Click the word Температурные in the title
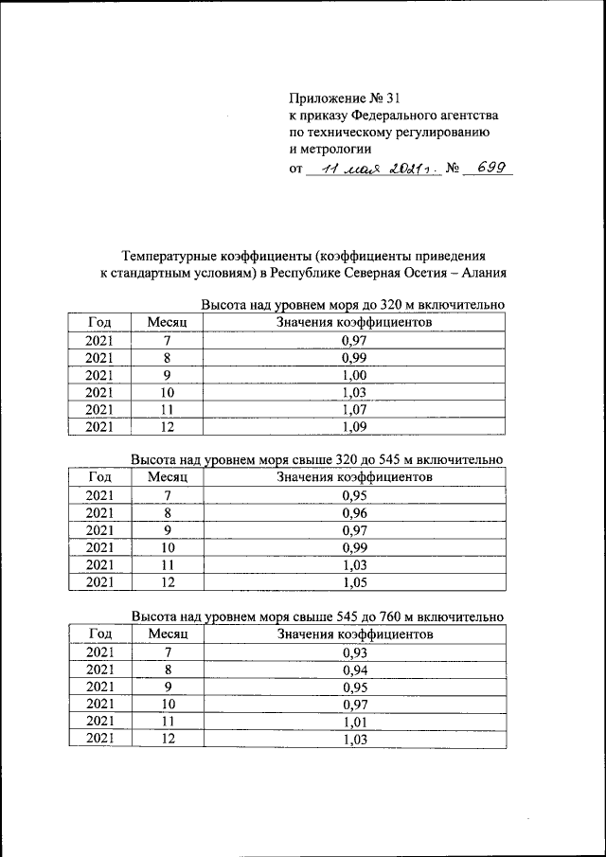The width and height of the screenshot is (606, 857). click(x=168, y=256)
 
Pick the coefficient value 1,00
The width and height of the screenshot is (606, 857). click(x=353, y=375)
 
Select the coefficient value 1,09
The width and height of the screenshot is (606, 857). click(x=353, y=426)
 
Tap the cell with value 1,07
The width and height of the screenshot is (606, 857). click(x=353, y=409)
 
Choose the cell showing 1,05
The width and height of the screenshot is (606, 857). click(x=353, y=581)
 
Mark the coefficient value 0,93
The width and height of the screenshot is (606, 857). click(x=353, y=652)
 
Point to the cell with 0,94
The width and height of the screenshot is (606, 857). click(x=353, y=670)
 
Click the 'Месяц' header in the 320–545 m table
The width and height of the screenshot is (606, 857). click(x=168, y=477)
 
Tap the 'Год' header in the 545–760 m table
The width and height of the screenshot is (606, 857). click(x=99, y=633)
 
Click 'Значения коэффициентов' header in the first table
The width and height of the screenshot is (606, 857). click(x=353, y=323)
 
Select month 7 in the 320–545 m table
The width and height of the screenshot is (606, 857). click(x=168, y=495)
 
